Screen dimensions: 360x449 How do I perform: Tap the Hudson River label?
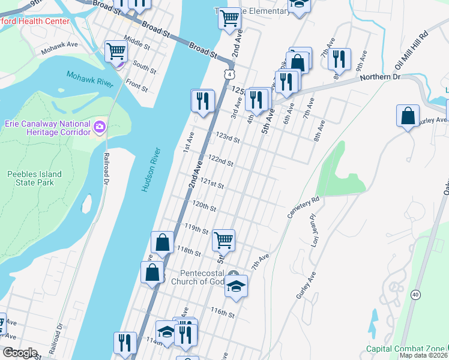(152, 169)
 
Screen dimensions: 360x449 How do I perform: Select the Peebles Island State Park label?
(34, 178)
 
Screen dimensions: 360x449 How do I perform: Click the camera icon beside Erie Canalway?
(99, 127)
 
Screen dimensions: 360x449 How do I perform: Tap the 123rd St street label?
(228, 139)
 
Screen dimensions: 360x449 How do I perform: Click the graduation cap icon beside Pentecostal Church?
(237, 286)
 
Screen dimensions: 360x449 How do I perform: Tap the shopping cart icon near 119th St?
(224, 240)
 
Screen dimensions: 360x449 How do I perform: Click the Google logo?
(20, 353)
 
